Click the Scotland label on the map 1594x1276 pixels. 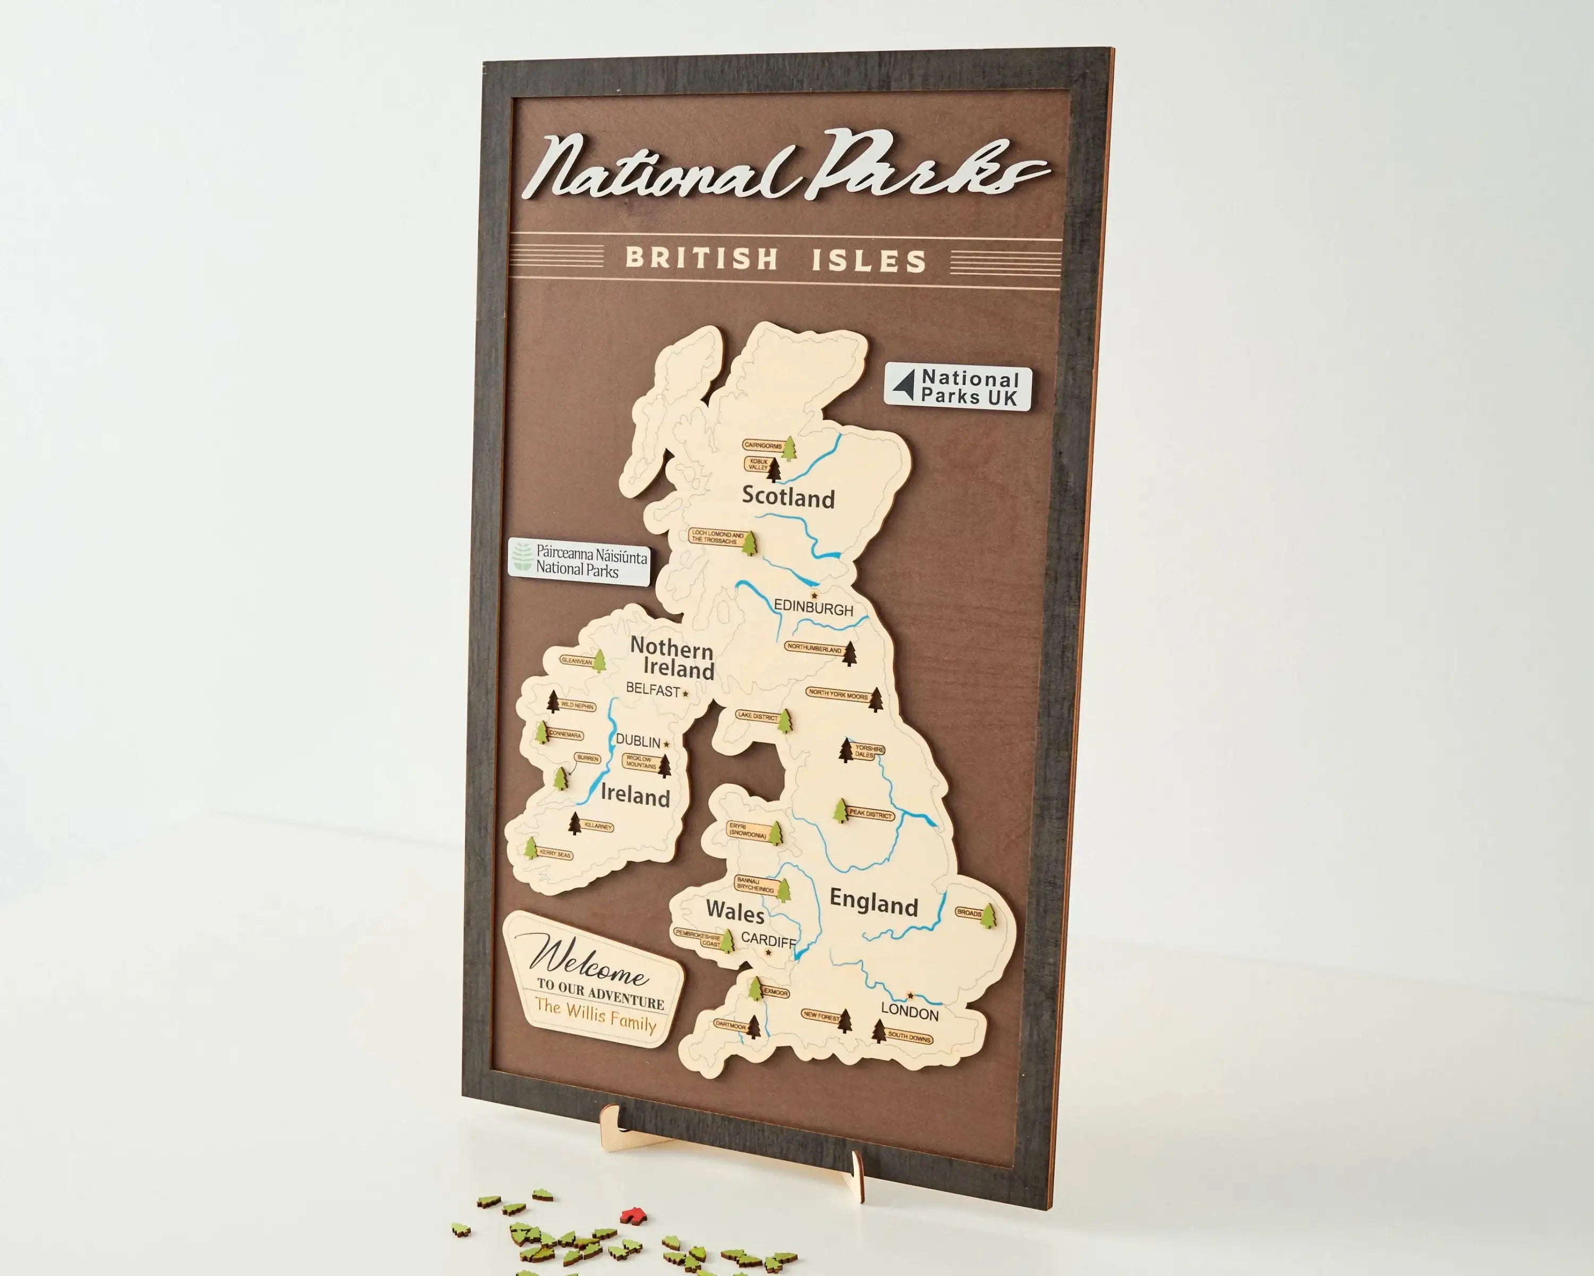click(x=788, y=497)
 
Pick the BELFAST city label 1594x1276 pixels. click(x=653, y=690)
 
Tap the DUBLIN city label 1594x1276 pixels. click(x=638, y=741)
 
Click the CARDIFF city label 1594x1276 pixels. click(x=768, y=940)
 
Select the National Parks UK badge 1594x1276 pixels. click(x=957, y=387)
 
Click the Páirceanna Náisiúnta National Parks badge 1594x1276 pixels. click(x=579, y=562)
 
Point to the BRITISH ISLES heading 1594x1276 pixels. click(x=776, y=259)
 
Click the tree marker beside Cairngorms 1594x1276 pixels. click(x=790, y=448)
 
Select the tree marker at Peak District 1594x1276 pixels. click(x=841, y=811)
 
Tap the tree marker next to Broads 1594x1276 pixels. click(x=988, y=914)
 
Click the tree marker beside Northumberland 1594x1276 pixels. click(x=850, y=653)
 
